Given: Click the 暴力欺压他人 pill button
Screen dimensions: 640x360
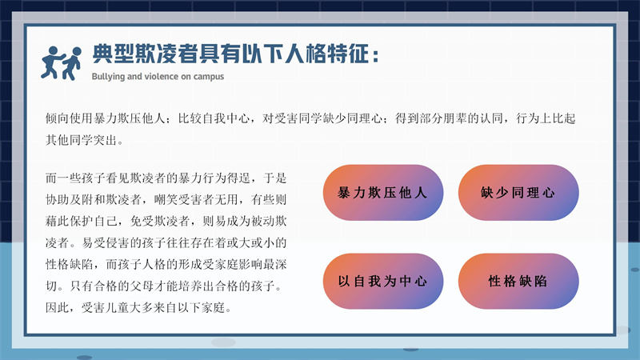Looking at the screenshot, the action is pos(383,192).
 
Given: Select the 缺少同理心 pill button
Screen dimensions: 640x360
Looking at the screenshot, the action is pos(518,192).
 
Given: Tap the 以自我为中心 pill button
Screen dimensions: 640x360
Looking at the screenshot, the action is pos(383,282).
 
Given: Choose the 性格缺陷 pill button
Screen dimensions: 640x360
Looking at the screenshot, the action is pos(518,282).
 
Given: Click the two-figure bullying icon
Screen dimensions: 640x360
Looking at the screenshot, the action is pos(62,63).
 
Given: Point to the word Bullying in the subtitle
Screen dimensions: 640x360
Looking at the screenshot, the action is pos(108,77).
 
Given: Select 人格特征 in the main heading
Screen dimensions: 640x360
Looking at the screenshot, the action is pos(326,54).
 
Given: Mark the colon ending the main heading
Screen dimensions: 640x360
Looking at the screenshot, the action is pos(375,55).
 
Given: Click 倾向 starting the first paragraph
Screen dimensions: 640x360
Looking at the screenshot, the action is pos(57,118).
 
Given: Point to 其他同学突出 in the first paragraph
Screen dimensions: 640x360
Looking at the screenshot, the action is pos(82,140).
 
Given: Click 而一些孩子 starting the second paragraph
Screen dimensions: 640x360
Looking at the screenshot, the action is pos(75,178).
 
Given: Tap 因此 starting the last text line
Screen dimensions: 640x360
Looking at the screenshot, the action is pos(57,307).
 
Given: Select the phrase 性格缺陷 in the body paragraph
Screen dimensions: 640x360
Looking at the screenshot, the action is pos(70,264).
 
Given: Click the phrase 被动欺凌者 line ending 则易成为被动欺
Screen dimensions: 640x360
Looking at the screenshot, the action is pos(269,222).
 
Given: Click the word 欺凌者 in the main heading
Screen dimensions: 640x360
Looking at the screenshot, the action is pos(166,54).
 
